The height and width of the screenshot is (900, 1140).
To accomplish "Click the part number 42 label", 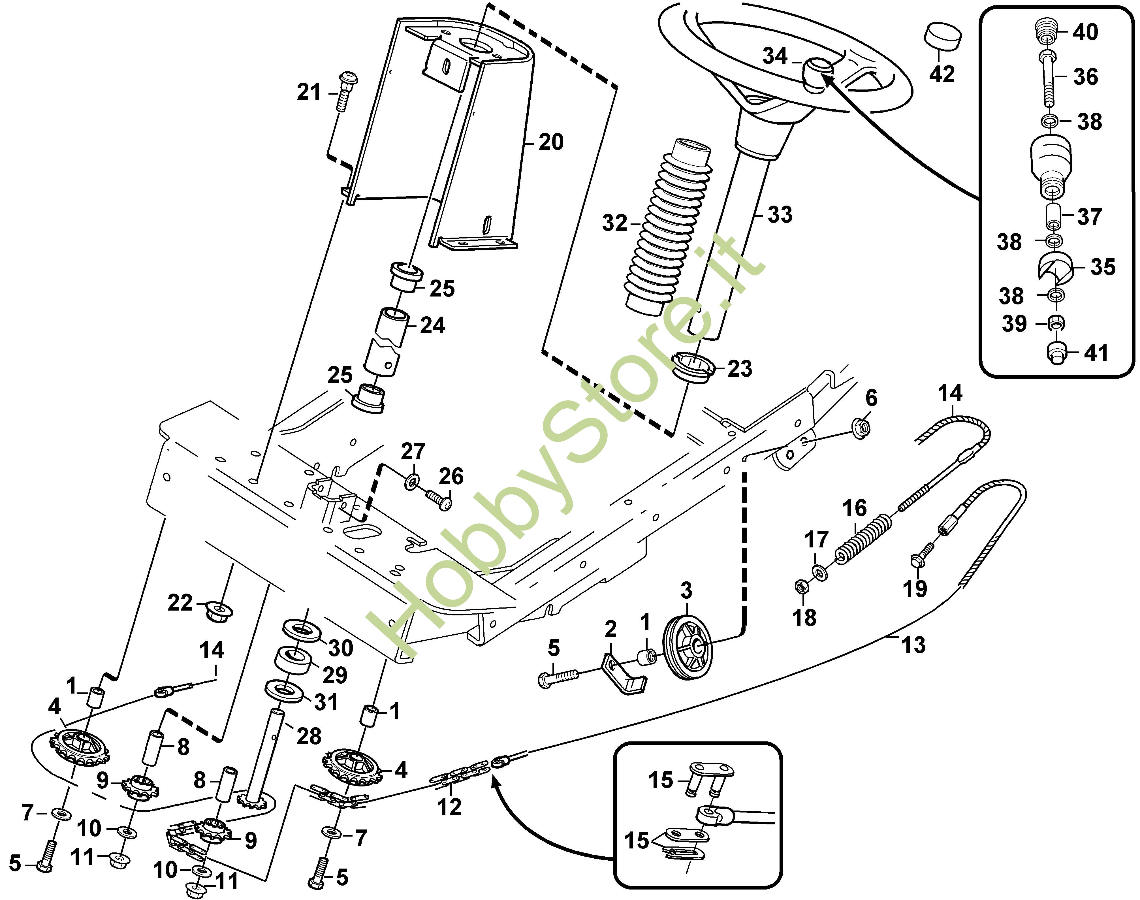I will pyautogui.click(x=942, y=73).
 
